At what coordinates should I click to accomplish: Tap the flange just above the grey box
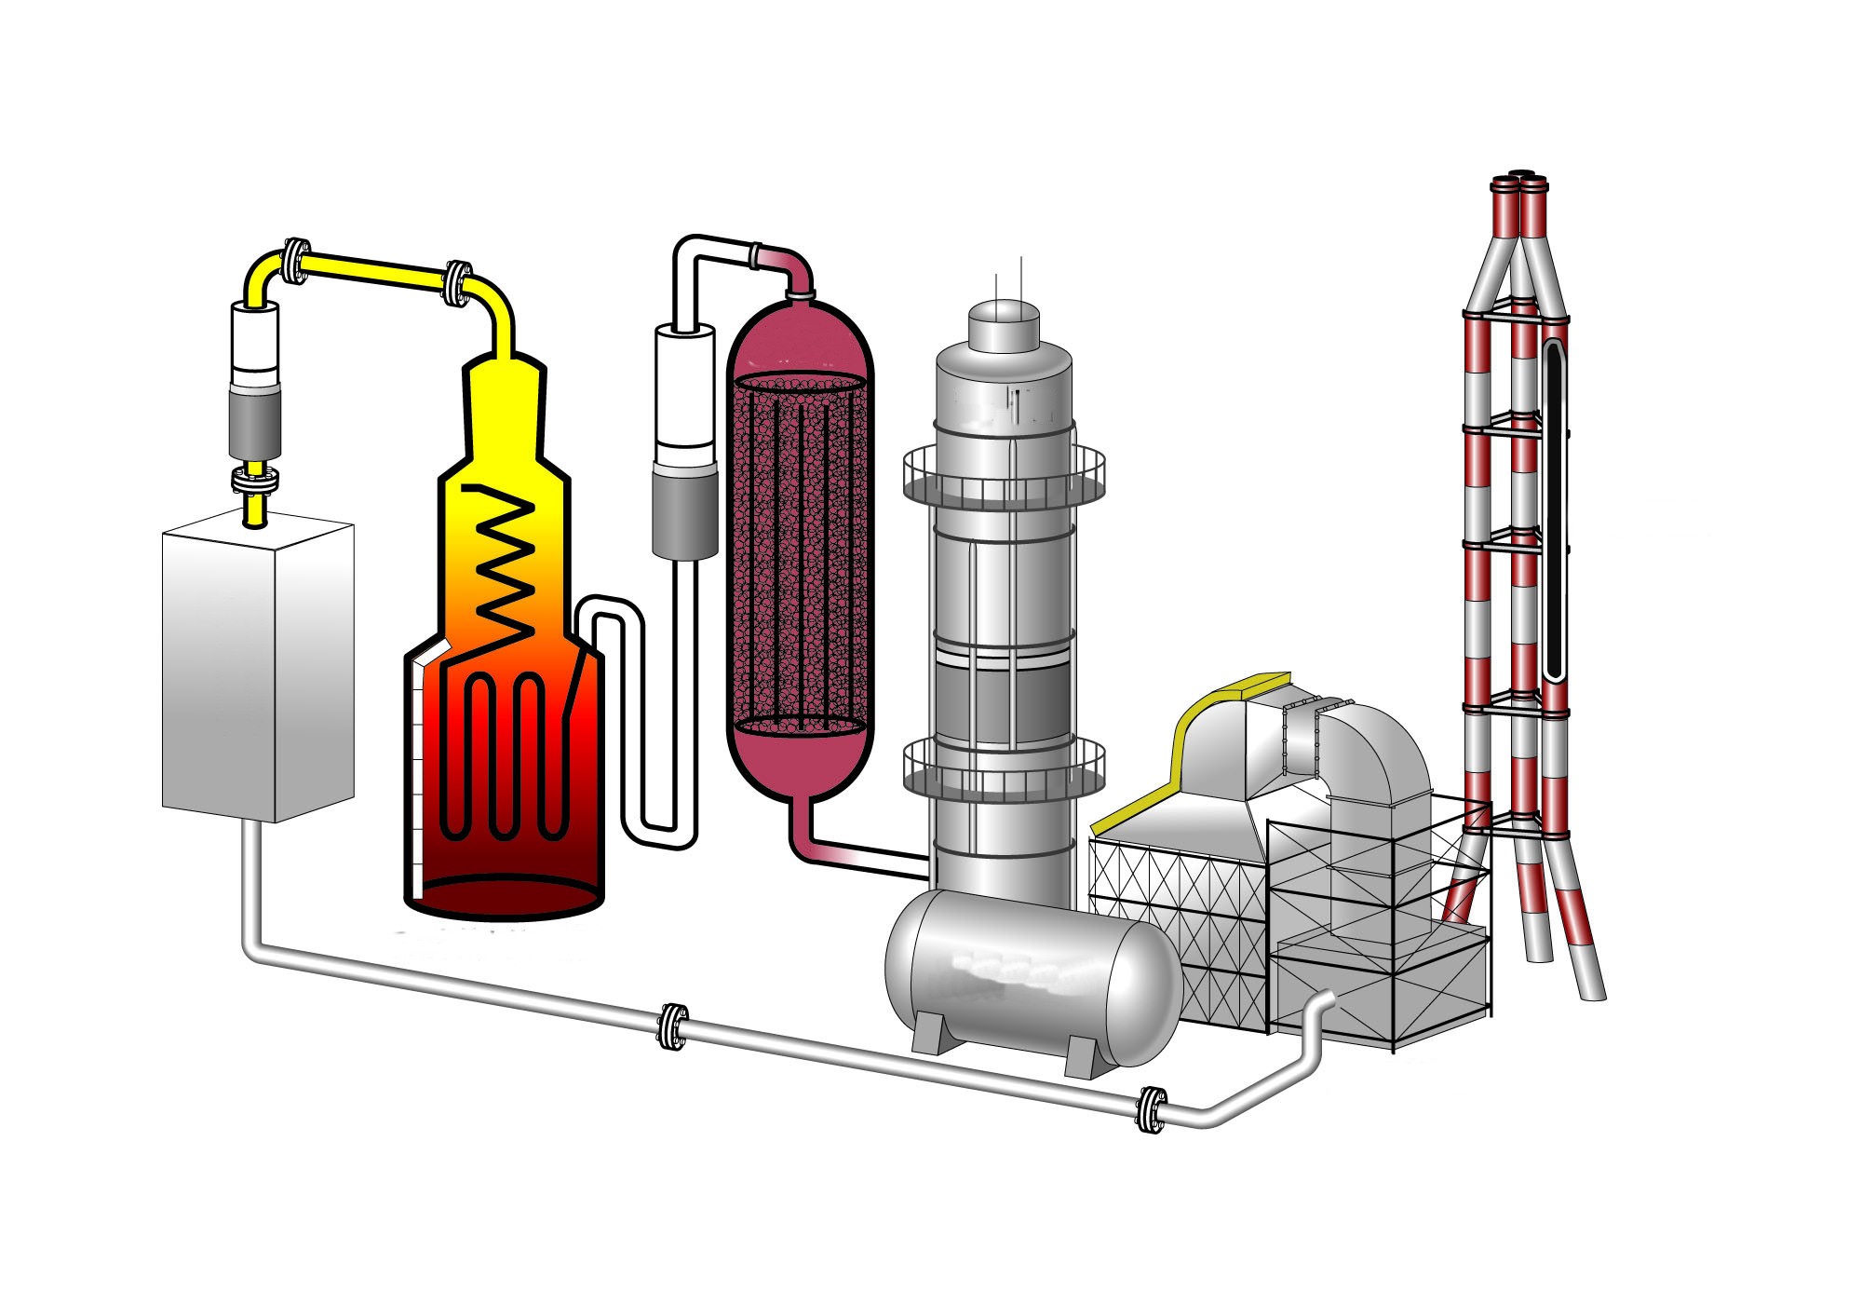tap(254, 481)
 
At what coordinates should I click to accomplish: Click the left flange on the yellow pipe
tap(295, 260)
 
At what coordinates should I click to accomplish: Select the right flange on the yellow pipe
tap(456, 282)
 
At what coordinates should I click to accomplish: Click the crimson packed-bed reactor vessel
tap(800, 550)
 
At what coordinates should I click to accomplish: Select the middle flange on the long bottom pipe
tap(673, 1026)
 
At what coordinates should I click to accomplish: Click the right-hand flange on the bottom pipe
tap(1152, 1109)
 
